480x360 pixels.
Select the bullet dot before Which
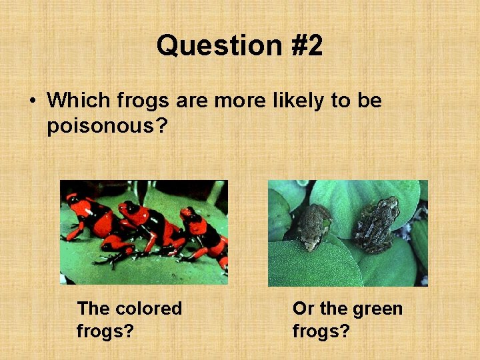(x=31, y=101)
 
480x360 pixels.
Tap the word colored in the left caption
(x=148, y=309)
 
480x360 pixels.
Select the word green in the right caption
(x=377, y=309)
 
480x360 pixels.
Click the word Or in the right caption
(x=303, y=309)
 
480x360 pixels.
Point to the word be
(x=370, y=101)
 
